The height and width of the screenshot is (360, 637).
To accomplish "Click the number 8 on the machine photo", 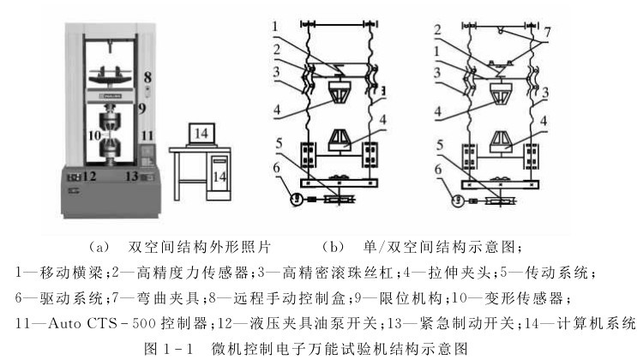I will tap(147, 76).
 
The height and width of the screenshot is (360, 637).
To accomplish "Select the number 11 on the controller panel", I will tap(147, 135).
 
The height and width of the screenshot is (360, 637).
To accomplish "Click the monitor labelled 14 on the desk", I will tap(201, 134).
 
